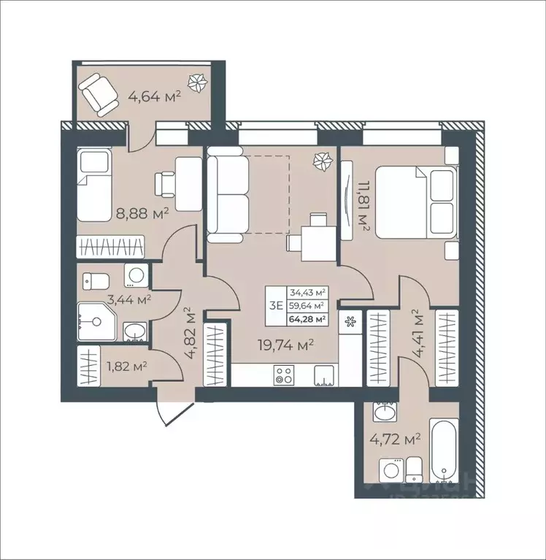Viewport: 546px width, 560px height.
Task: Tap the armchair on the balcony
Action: [x=99, y=93]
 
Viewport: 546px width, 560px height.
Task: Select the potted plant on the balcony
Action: [x=196, y=83]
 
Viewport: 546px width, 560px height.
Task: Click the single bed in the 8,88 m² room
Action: [x=94, y=185]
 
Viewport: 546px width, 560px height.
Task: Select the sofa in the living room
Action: [x=228, y=193]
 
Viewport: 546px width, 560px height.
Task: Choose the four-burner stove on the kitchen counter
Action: [x=283, y=376]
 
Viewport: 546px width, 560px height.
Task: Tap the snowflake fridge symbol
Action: [x=350, y=321]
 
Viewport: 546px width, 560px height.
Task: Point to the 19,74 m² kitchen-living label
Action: [x=290, y=345]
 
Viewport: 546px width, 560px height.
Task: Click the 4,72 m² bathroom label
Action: [x=399, y=439]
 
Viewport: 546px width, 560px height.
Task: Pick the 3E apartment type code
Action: [x=276, y=305]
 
